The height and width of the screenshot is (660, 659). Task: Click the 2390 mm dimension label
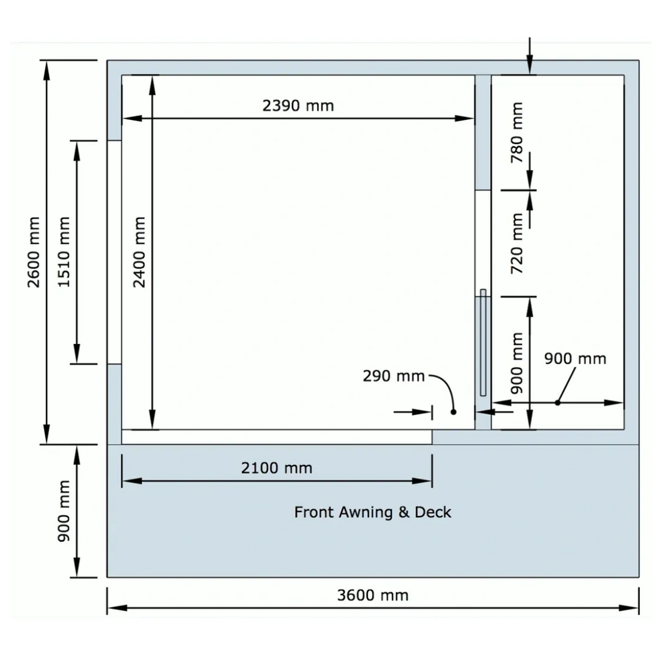(x=298, y=106)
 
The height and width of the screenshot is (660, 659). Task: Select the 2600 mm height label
(x=34, y=252)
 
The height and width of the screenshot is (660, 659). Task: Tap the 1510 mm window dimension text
(x=64, y=252)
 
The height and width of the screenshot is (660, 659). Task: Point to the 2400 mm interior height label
(x=139, y=252)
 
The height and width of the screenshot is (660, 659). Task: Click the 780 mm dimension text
(x=517, y=133)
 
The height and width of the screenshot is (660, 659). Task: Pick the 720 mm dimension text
(x=517, y=244)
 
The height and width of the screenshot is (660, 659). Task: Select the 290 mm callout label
(x=394, y=376)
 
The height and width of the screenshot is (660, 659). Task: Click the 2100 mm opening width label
(x=277, y=468)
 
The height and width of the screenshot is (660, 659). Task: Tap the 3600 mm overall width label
(x=373, y=596)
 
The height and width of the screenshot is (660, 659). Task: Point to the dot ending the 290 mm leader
(x=454, y=412)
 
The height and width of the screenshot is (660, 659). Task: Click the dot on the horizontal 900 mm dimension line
(x=557, y=403)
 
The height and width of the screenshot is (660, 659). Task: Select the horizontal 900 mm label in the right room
(x=575, y=359)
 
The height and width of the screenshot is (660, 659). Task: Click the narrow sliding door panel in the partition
(x=483, y=342)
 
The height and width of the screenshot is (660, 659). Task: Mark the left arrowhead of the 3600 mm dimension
(x=117, y=608)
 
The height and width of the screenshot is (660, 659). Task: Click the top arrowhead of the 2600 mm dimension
(x=47, y=71)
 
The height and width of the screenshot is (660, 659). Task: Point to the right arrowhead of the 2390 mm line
(x=464, y=119)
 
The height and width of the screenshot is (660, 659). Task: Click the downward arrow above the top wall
(x=530, y=56)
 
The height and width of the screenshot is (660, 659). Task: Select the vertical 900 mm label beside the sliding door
(x=517, y=363)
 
